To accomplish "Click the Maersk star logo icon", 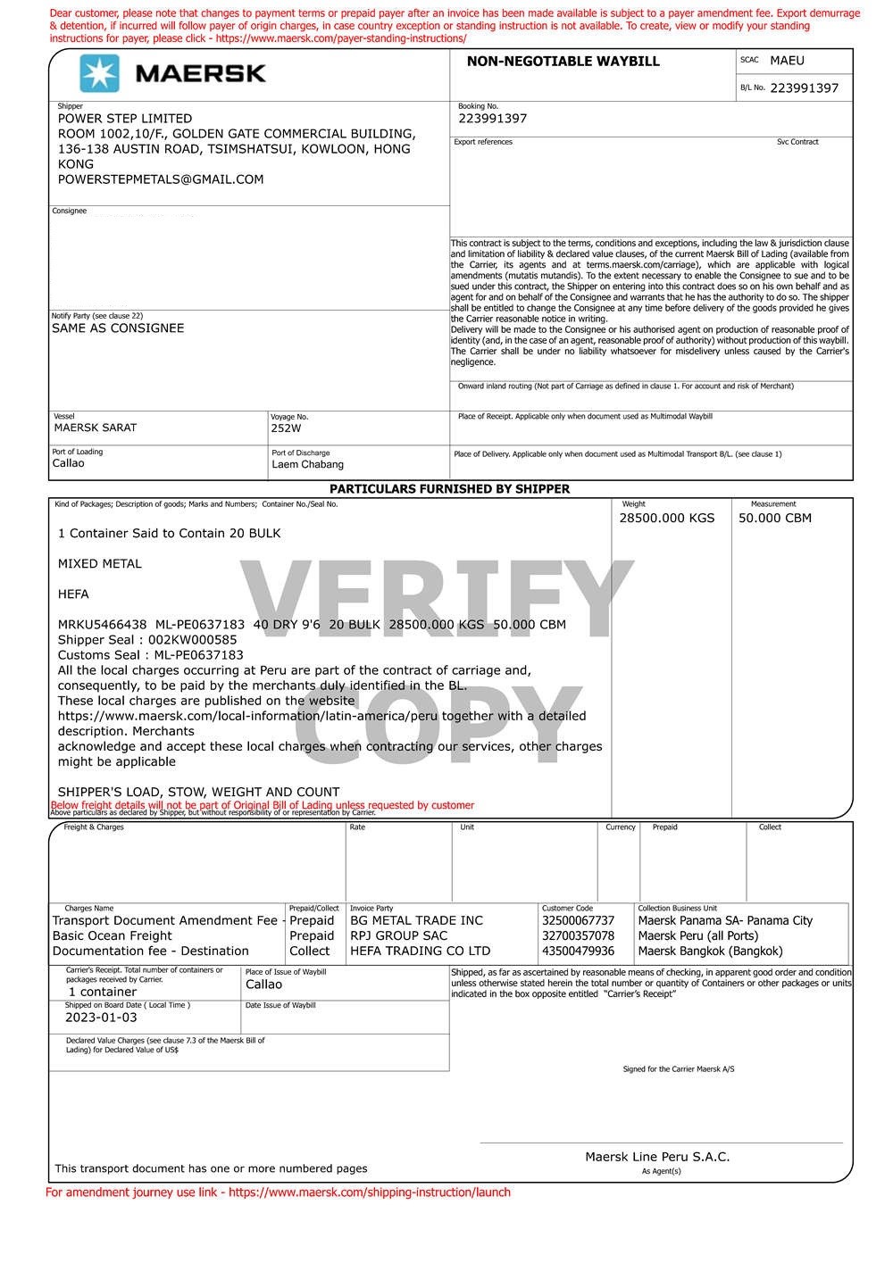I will coord(99,73).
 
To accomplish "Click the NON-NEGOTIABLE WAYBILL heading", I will coord(563,62).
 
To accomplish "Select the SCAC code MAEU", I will coord(787,61).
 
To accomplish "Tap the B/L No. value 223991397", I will coord(804,88).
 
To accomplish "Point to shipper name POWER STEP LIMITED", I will coord(125,119).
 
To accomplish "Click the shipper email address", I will coord(161,179).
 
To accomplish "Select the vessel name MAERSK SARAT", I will coord(96,428).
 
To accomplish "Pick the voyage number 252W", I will coord(287,428).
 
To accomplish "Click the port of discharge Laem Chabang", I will coord(307,464).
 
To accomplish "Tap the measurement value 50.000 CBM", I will coord(774,518).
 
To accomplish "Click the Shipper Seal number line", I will coord(147,640).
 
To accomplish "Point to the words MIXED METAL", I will coord(99,564).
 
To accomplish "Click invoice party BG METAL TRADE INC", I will coord(416,921).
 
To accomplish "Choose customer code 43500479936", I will coord(578,951).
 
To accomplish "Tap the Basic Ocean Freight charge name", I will coord(113,936).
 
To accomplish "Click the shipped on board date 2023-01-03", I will coord(101,1018).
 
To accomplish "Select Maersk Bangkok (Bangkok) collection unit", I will coord(710,951).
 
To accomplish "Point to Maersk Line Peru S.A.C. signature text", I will coord(657,1157).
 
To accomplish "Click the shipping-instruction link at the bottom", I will coord(370,1192).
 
